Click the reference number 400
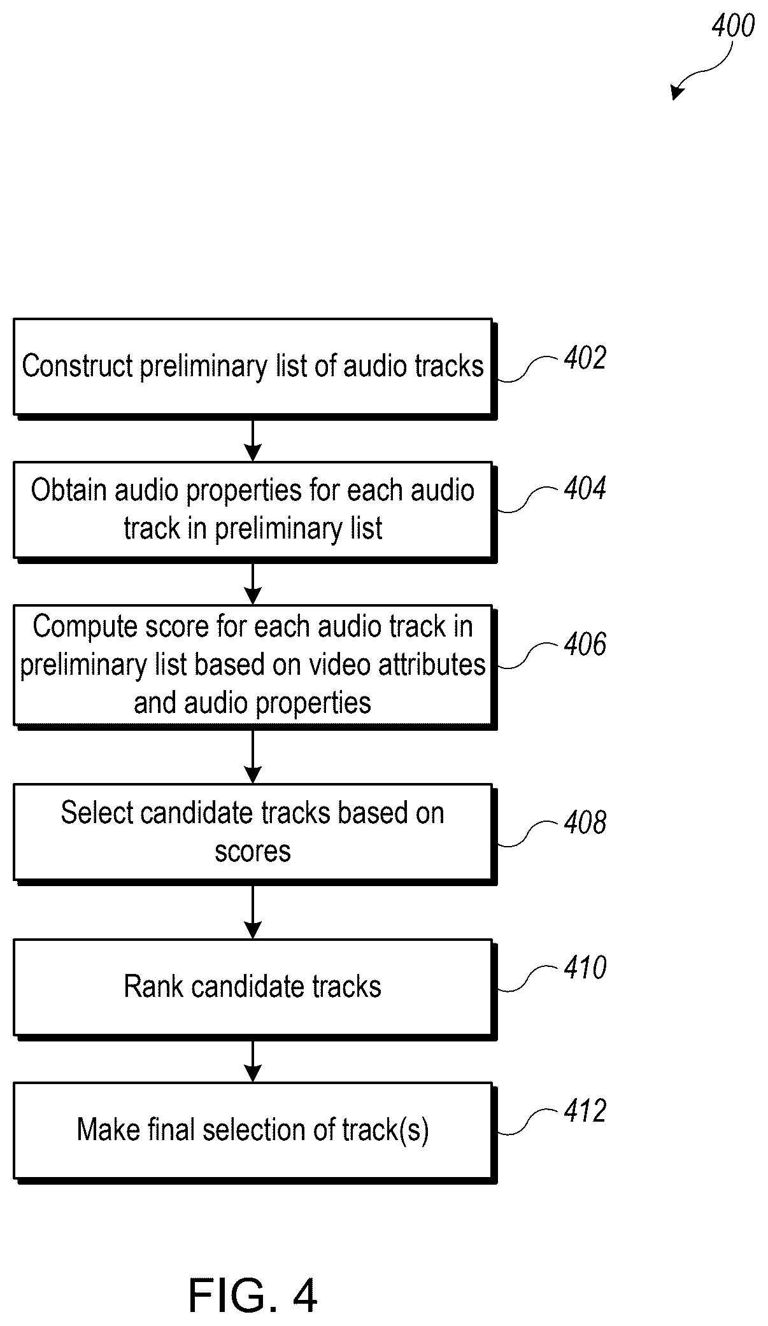(732, 26)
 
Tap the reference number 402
(585, 358)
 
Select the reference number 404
(585, 488)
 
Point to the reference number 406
(585, 644)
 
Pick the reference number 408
(585, 822)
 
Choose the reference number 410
(585, 968)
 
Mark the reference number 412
(585, 1111)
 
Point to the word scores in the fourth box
(252, 852)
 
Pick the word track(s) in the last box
(392, 1130)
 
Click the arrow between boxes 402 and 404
(253, 439)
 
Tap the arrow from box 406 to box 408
(253, 756)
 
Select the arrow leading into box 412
(253, 1061)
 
